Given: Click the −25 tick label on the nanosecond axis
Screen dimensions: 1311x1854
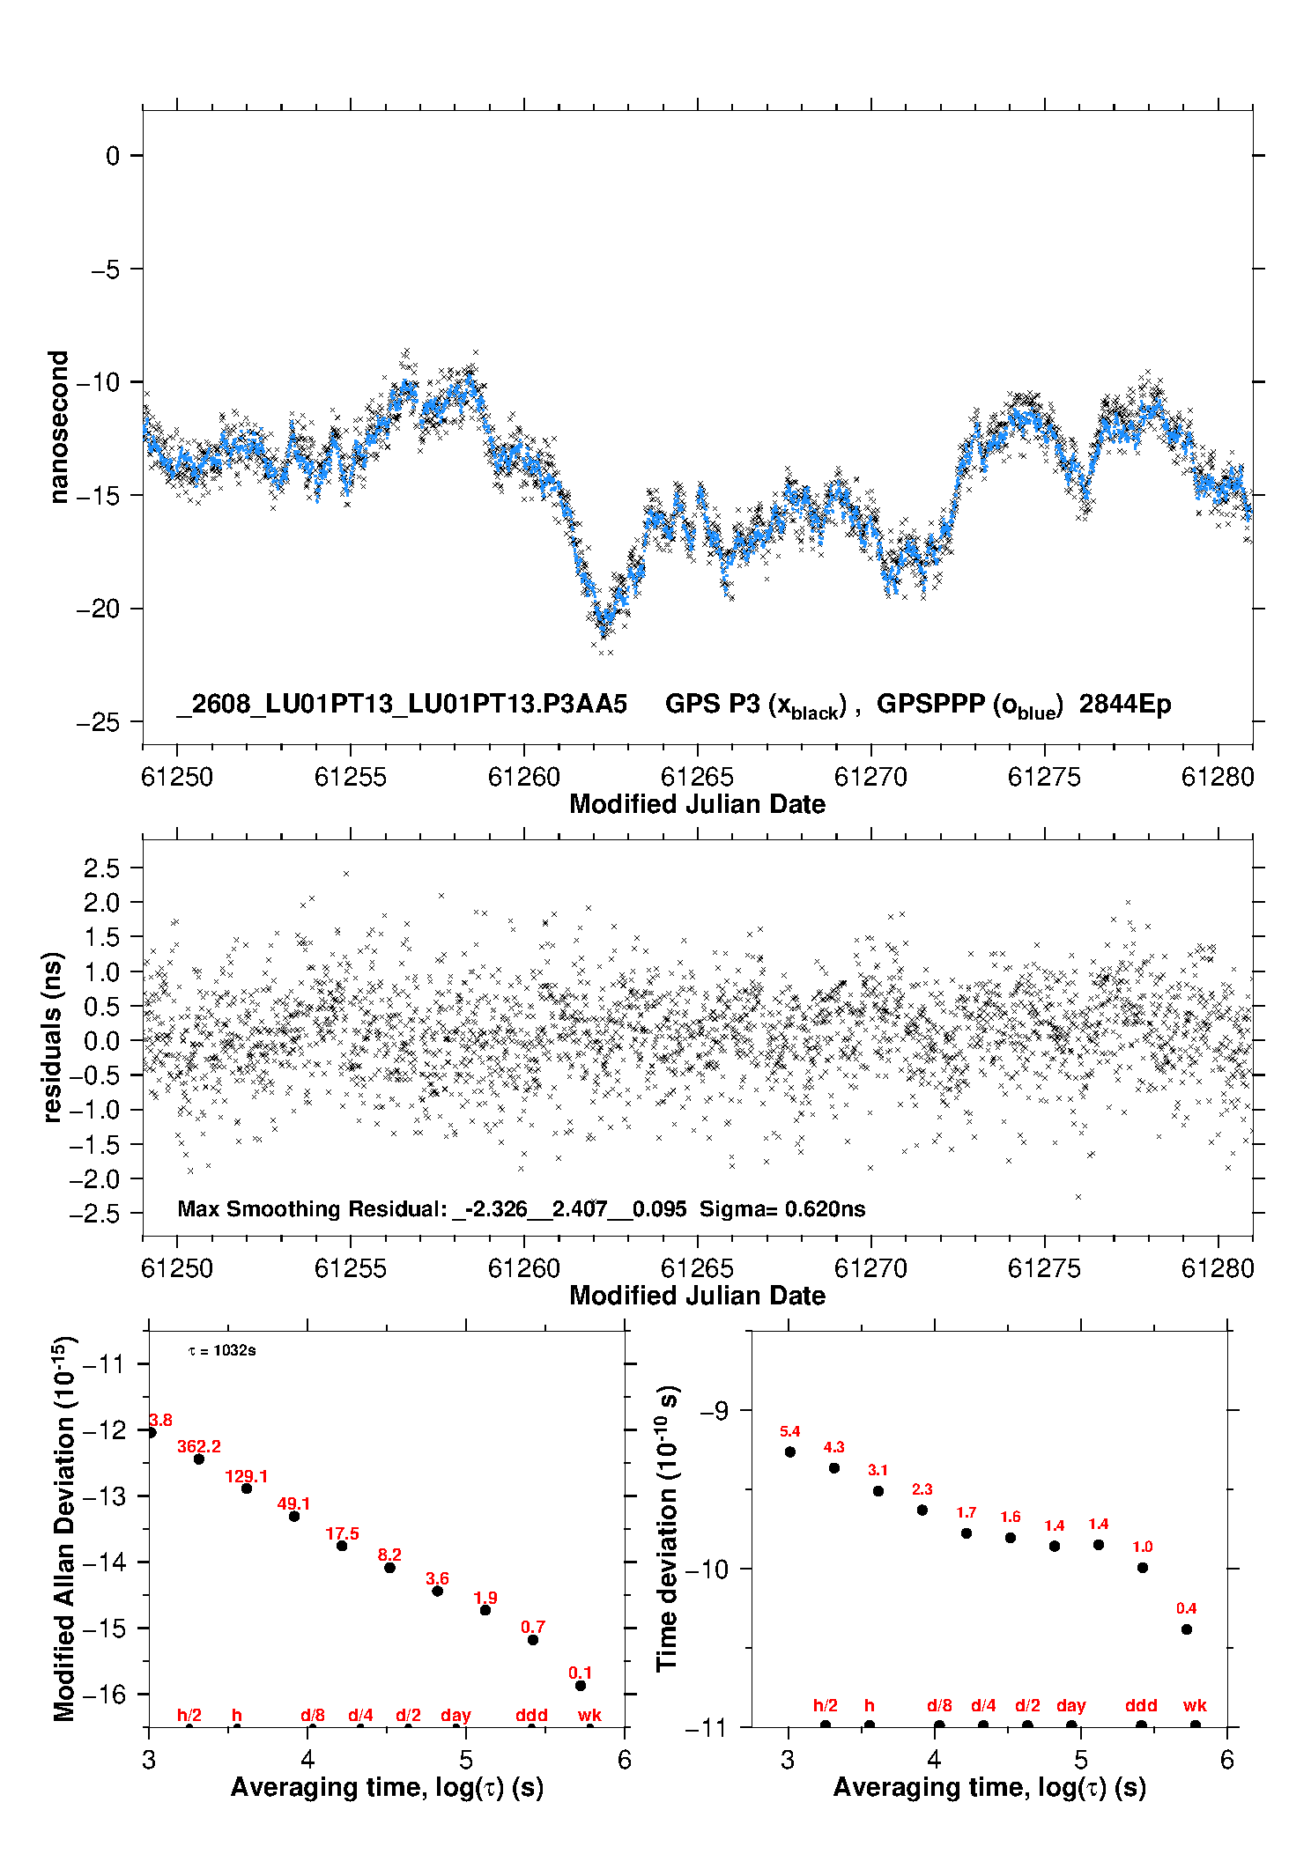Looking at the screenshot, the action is [x=97, y=722].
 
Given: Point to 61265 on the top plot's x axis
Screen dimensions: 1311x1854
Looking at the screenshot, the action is [x=697, y=777].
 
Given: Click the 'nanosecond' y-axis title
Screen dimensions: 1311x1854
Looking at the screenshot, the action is [x=58, y=427].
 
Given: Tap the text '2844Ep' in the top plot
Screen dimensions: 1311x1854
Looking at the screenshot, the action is [x=1125, y=704].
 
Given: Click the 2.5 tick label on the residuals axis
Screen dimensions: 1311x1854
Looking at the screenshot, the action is [x=101, y=868].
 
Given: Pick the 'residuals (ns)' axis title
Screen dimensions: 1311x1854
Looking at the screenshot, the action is [x=53, y=1037].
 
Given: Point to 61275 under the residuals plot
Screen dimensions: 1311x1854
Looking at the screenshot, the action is [x=1044, y=1268].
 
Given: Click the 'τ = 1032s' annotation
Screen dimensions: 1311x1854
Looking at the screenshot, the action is [x=222, y=1350].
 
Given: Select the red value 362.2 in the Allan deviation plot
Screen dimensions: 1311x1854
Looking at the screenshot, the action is [x=199, y=1446].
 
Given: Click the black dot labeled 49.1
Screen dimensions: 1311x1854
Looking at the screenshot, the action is [x=294, y=1516].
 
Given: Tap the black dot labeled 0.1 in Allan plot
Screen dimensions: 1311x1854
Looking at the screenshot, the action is [x=581, y=1685].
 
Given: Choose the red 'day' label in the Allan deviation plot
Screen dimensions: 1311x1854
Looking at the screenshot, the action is [x=456, y=1715].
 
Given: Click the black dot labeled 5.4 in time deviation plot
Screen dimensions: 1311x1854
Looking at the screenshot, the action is [x=790, y=1451].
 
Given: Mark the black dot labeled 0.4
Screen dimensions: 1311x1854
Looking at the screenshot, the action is [x=1187, y=1629].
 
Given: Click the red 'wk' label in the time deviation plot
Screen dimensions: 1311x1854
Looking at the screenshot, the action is [x=1195, y=1705].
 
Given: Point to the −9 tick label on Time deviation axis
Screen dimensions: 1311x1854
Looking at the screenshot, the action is [x=713, y=1410].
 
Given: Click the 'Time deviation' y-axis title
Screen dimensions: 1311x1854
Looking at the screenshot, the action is [x=667, y=1528].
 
